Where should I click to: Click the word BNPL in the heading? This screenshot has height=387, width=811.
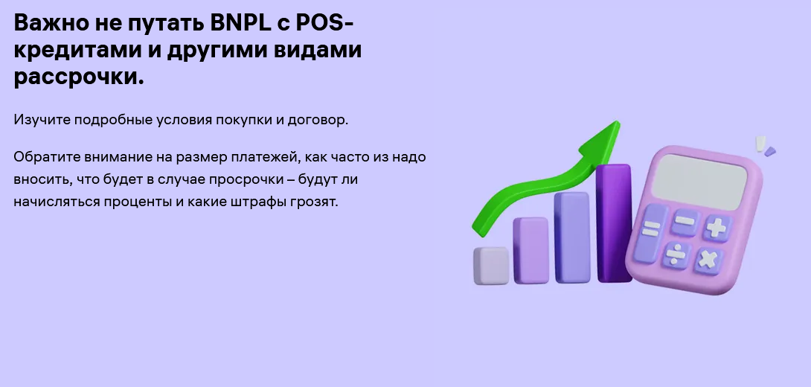[240, 23]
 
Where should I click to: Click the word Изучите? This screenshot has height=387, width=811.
[42, 120]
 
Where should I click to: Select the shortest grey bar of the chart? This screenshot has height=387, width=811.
[491, 266]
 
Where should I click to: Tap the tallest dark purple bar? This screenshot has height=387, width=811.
[614, 223]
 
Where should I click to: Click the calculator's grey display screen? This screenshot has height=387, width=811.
[699, 182]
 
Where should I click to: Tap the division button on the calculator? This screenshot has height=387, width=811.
[676, 255]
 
